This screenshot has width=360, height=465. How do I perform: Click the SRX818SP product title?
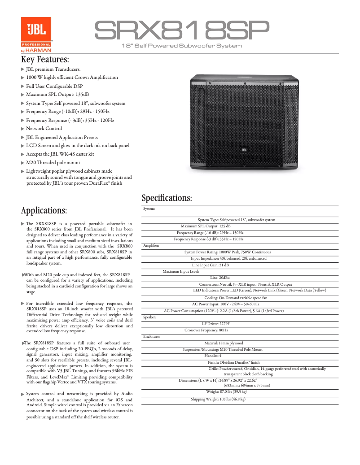click(x=181, y=30)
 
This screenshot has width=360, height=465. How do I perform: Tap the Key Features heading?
click(x=45, y=59)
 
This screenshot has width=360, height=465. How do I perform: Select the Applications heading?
click(x=44, y=210)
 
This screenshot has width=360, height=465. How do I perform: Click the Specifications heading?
click(x=167, y=198)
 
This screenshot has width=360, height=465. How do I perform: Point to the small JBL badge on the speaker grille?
click(x=244, y=150)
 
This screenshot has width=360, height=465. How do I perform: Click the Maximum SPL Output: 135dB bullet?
click(x=57, y=95)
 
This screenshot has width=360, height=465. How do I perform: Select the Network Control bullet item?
click(x=44, y=129)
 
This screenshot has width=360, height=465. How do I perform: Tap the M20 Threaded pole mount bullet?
click(x=53, y=163)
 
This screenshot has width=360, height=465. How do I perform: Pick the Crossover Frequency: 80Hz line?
click(x=206, y=330)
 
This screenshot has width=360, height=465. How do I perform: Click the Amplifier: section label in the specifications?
click(x=151, y=245)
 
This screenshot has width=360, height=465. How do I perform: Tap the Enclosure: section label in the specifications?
click(x=151, y=336)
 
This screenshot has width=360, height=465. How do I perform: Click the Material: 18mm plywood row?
click(x=224, y=343)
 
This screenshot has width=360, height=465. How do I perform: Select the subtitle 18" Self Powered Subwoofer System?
click(x=182, y=46)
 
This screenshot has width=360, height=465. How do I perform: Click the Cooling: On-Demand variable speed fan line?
click(x=236, y=298)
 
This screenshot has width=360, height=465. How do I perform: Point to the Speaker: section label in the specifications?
click(x=150, y=317)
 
